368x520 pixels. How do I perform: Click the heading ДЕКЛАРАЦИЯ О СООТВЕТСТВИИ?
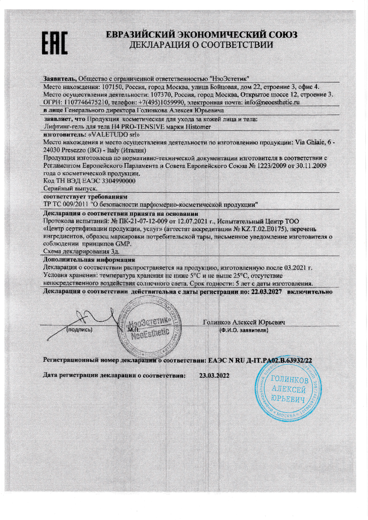pos(201,45)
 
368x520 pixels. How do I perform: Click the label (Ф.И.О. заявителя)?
pos(244,330)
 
